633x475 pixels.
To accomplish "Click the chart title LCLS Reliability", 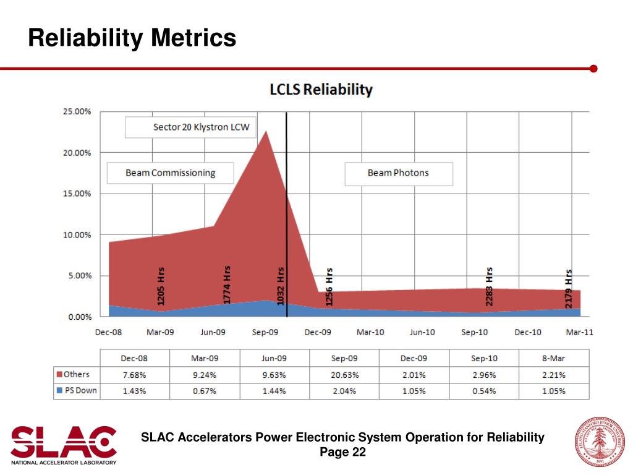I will click(321, 90).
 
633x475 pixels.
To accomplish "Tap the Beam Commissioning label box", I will click(170, 173).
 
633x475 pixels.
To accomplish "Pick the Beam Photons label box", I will click(398, 173).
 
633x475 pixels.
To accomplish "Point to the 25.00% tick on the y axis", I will click(77, 112).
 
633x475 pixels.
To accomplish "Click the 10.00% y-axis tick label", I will click(77, 235).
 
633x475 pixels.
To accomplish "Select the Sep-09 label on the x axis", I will click(265, 332).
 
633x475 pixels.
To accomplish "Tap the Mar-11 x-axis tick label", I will click(579, 332).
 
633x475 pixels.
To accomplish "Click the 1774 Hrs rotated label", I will click(227, 285).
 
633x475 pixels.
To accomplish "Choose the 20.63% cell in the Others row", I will click(344, 375).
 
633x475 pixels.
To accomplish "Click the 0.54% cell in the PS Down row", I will click(484, 391).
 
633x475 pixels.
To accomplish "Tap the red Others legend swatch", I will click(59, 375).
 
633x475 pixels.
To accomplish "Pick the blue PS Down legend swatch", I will click(59, 391).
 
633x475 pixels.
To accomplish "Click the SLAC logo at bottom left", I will click(64, 444).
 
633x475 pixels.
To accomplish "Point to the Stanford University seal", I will click(598, 442).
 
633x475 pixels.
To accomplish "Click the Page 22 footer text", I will click(342, 453).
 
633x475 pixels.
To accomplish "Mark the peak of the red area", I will click(266, 131).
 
